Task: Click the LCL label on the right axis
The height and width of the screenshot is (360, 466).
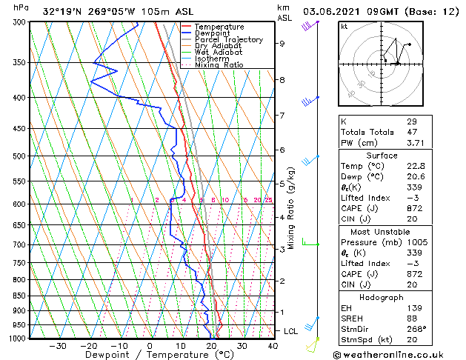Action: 290,330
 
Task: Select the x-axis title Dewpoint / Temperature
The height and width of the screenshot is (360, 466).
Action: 149,355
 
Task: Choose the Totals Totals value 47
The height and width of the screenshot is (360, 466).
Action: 412,132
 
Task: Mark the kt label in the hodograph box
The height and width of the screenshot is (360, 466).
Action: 344,26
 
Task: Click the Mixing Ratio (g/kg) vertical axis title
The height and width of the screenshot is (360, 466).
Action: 291,207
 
